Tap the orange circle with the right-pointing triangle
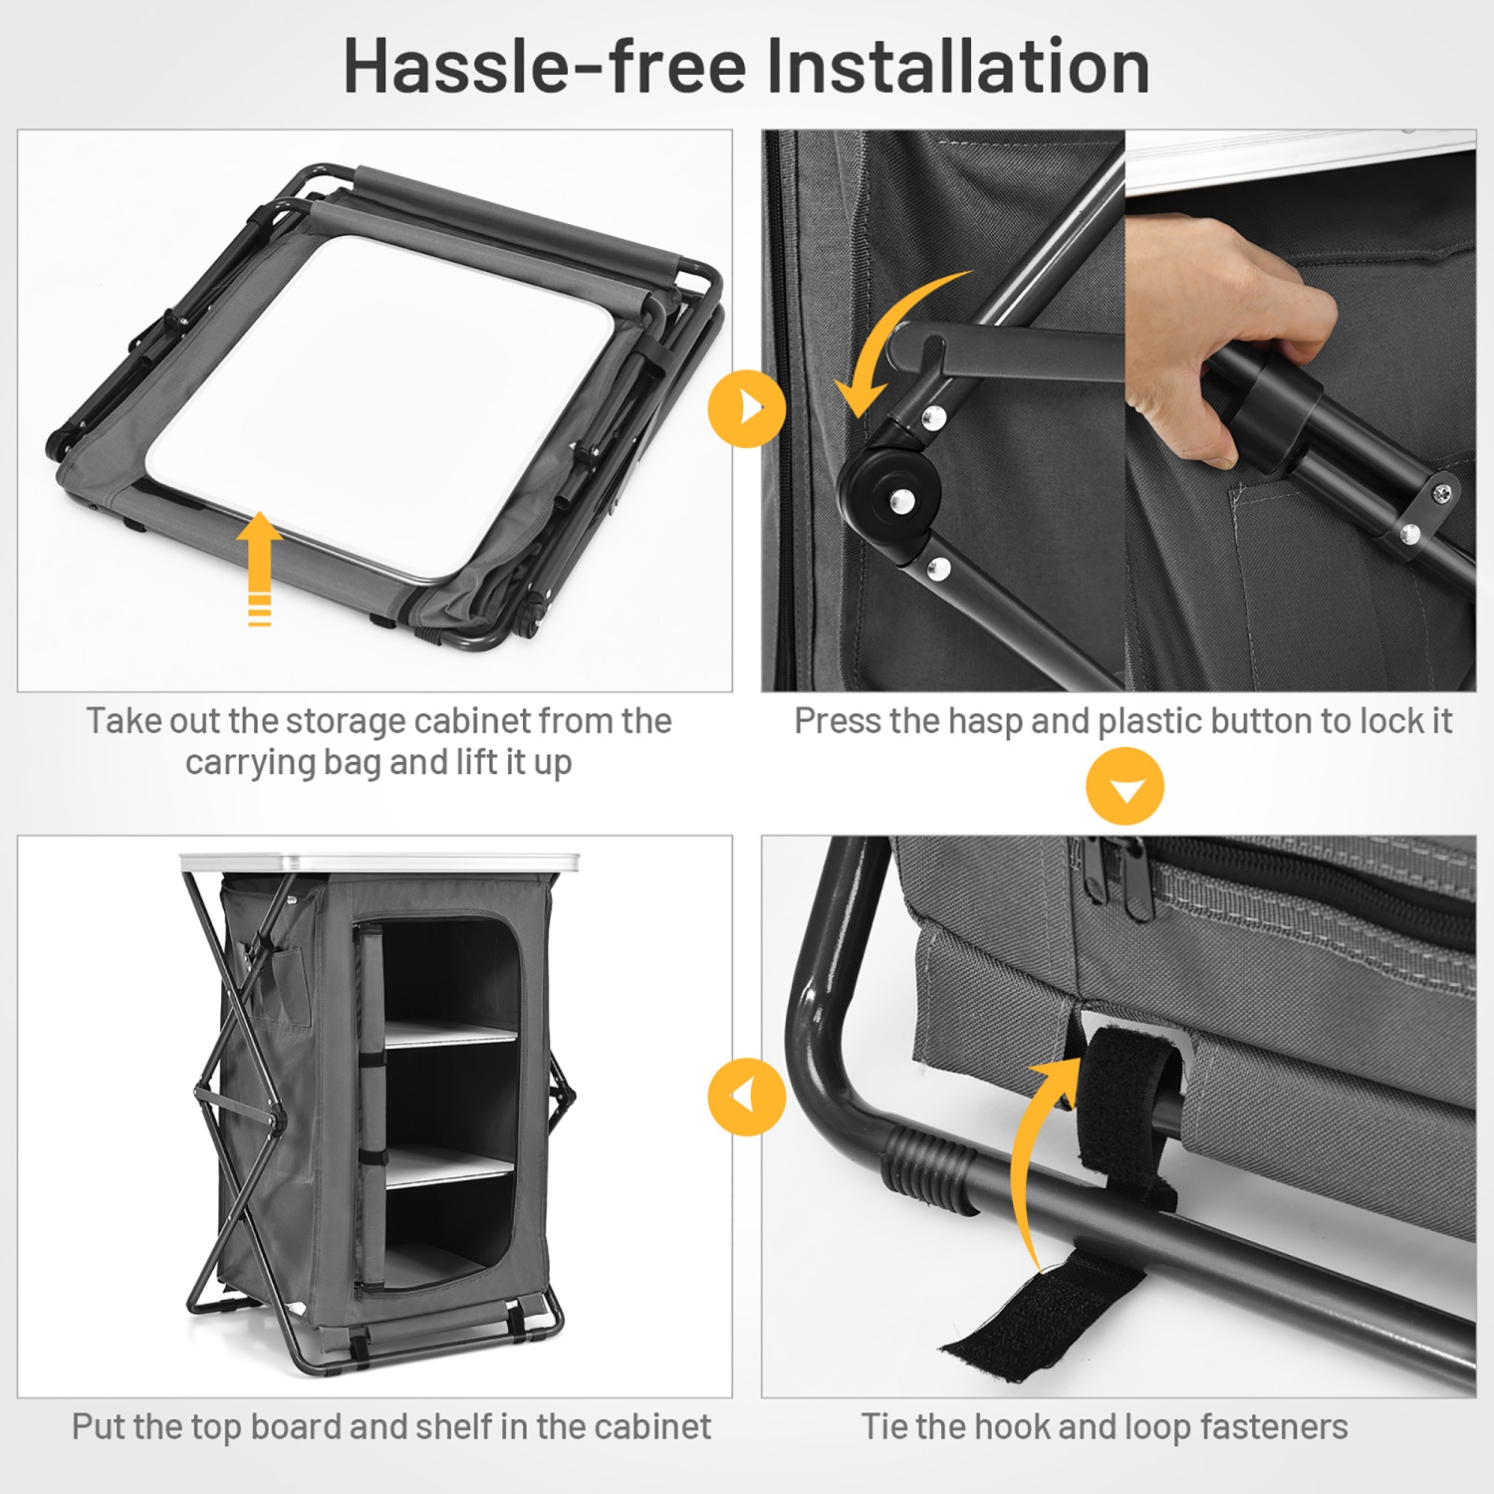click(747, 408)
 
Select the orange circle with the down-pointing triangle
click(1125, 787)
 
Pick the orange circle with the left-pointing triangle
click(747, 1097)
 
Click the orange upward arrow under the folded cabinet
click(259, 568)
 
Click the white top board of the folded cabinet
click(383, 408)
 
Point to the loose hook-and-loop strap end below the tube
click(1046, 1315)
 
